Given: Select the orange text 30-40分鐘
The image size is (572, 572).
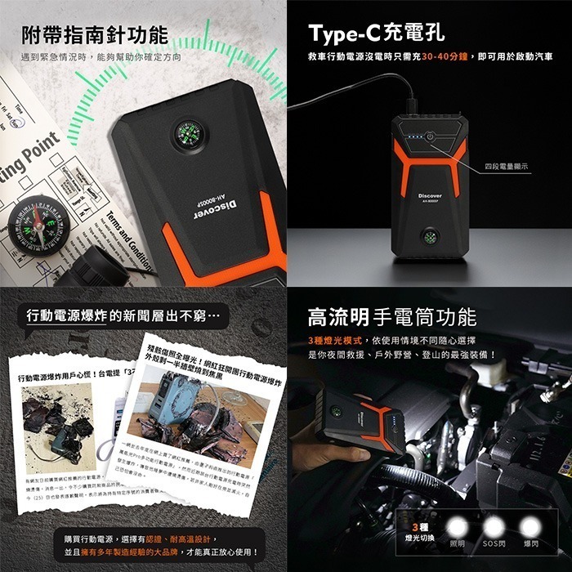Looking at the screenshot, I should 435,57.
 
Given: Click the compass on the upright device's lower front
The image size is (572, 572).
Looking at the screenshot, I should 429,238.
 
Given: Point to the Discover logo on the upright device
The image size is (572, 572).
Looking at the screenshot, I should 430,196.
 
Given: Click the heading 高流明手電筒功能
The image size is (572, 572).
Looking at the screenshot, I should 391,317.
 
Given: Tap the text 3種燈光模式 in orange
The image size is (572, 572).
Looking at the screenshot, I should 334,340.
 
